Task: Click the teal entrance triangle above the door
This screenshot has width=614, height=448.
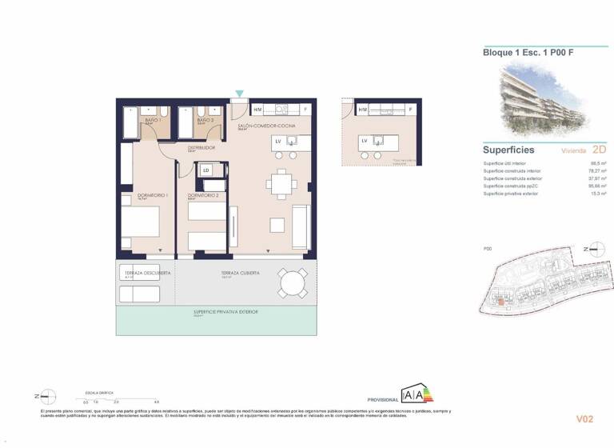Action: (x=240, y=94)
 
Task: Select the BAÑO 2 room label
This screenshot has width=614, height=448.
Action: (x=206, y=120)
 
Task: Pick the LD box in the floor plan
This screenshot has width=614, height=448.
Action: (x=206, y=170)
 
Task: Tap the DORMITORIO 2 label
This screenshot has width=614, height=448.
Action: (x=203, y=195)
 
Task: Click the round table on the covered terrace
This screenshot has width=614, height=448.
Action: (x=293, y=282)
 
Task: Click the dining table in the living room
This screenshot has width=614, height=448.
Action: (x=281, y=183)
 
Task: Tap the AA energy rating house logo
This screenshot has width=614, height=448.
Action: (x=417, y=394)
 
